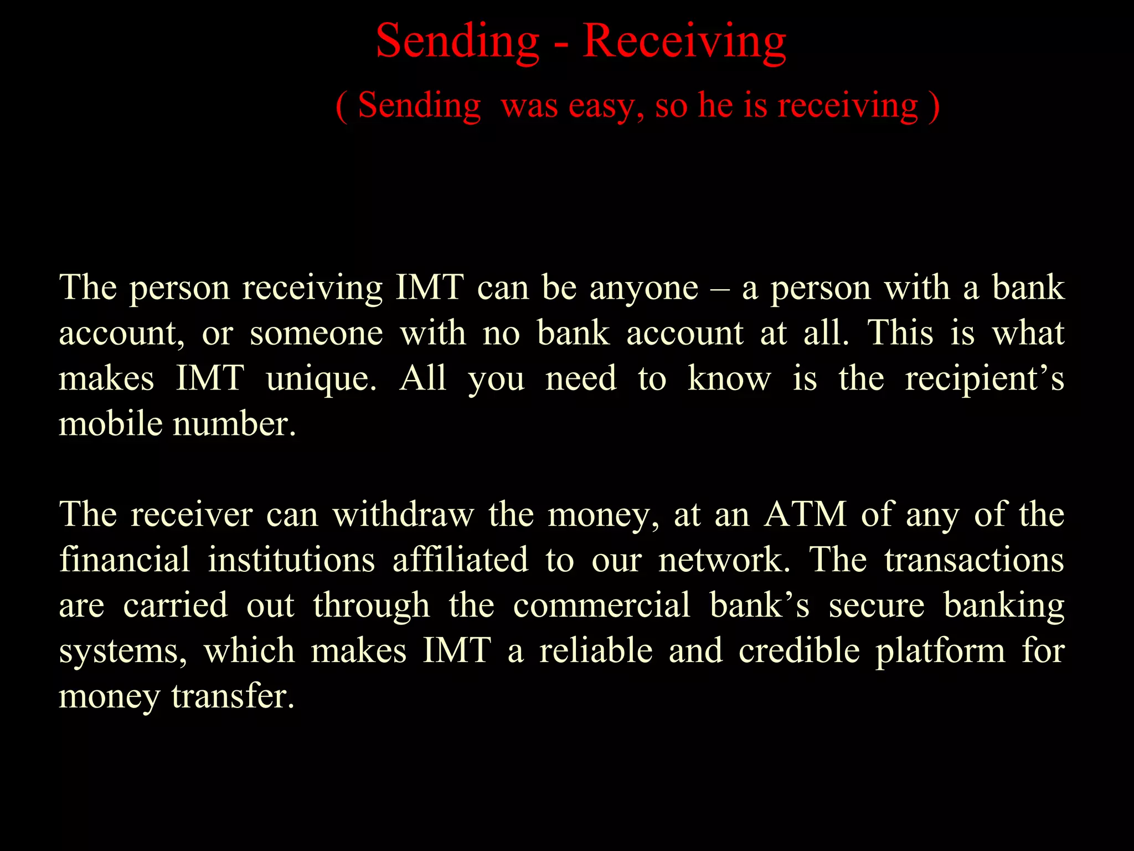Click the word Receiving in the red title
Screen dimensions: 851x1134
pyautogui.click(x=684, y=42)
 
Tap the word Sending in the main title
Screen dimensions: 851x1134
pyautogui.click(x=457, y=42)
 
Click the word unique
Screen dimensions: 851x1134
pyautogui.click(x=321, y=379)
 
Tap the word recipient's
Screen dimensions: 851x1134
pyautogui.click(x=984, y=379)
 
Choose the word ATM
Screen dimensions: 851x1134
pyautogui.click(x=805, y=514)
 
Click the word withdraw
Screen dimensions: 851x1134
pyautogui.click(x=403, y=514)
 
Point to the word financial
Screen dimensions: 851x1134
pyautogui.click(x=125, y=560)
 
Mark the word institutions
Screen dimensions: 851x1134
pyautogui.click(x=291, y=560)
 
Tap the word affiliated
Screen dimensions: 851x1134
pyautogui.click(x=460, y=560)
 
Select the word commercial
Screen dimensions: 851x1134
pyautogui.click(x=601, y=605)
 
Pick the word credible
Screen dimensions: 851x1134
pyautogui.click(x=799, y=650)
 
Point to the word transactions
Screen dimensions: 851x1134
pyautogui.click(x=974, y=560)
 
